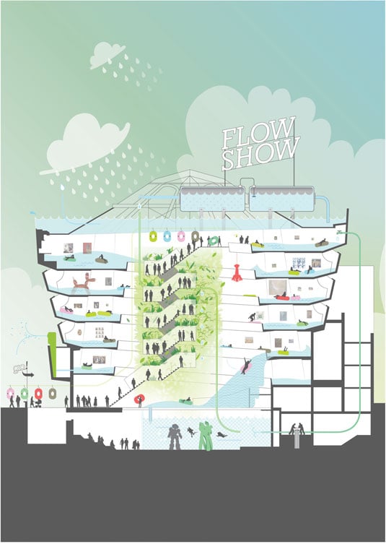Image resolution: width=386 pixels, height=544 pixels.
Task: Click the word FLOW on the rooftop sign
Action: click(x=258, y=132)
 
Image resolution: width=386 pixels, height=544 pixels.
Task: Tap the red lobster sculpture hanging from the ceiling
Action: click(x=237, y=272)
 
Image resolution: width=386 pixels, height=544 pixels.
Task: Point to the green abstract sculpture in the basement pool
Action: click(x=206, y=436)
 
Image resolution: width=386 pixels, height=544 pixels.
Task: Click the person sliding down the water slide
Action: click(x=246, y=366)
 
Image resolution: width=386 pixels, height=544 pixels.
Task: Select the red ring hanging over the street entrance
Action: click(x=38, y=393)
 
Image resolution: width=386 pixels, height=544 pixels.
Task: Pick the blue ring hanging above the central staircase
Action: click(x=167, y=236)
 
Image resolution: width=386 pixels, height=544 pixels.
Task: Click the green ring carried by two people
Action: click(x=214, y=240)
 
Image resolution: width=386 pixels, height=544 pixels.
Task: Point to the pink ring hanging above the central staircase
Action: click(x=181, y=236)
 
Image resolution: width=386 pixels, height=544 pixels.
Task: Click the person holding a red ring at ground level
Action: click(x=139, y=400)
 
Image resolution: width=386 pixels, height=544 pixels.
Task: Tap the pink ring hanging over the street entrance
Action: click(x=11, y=393)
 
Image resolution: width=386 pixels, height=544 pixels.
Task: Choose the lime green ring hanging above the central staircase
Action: click(x=153, y=236)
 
